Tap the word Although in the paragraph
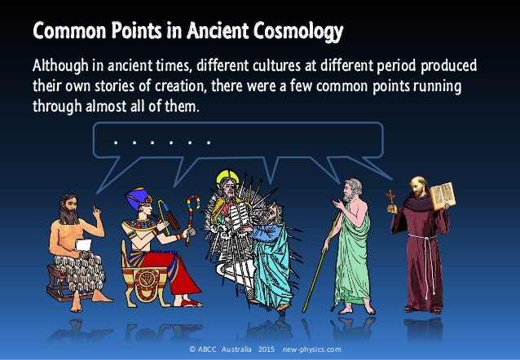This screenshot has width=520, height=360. click(58, 65)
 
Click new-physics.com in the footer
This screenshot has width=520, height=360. click(312, 349)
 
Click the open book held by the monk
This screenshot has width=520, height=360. click(442, 195)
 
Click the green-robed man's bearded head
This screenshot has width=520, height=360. click(352, 191)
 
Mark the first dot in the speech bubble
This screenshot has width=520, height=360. click(117, 142)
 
